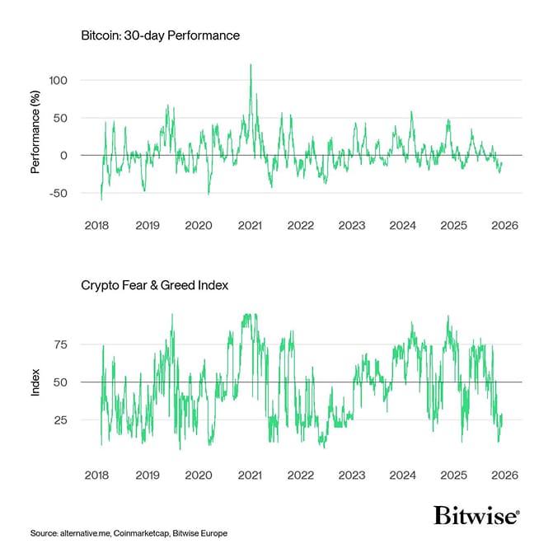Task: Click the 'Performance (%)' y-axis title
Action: [x=35, y=137]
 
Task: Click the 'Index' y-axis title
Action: [x=35, y=382]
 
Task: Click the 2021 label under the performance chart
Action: [x=249, y=225]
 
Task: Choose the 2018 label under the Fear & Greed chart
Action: [x=96, y=475]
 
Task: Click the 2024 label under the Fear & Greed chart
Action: [x=402, y=475]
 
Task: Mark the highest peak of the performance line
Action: [x=251, y=65]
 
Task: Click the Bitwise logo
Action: [x=476, y=515]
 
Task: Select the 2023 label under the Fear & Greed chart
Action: [x=351, y=475]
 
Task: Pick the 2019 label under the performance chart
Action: [x=148, y=225]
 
